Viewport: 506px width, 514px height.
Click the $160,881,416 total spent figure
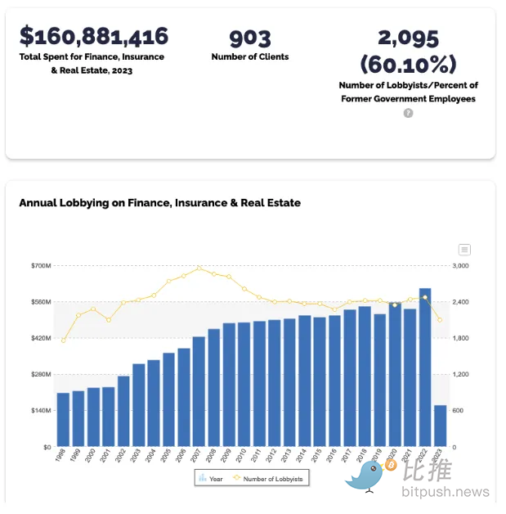(x=94, y=37)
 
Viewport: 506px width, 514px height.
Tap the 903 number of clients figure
(x=249, y=38)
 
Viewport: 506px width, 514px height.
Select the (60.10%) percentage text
(x=408, y=64)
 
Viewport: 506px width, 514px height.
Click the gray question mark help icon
(x=408, y=113)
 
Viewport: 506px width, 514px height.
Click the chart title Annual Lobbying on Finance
(x=159, y=202)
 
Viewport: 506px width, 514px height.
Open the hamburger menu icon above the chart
(x=464, y=250)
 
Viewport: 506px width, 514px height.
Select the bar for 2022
(x=425, y=367)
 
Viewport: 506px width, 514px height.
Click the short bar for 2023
(x=440, y=426)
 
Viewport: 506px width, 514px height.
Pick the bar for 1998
(x=63, y=419)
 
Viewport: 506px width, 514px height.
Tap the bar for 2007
(x=199, y=391)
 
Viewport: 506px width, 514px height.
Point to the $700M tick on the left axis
(x=41, y=266)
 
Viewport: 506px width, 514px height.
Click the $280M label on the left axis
(x=41, y=374)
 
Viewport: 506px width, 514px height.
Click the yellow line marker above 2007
(x=199, y=268)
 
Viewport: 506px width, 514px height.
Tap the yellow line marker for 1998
(x=63, y=340)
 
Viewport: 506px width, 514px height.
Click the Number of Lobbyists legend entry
(x=270, y=478)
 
